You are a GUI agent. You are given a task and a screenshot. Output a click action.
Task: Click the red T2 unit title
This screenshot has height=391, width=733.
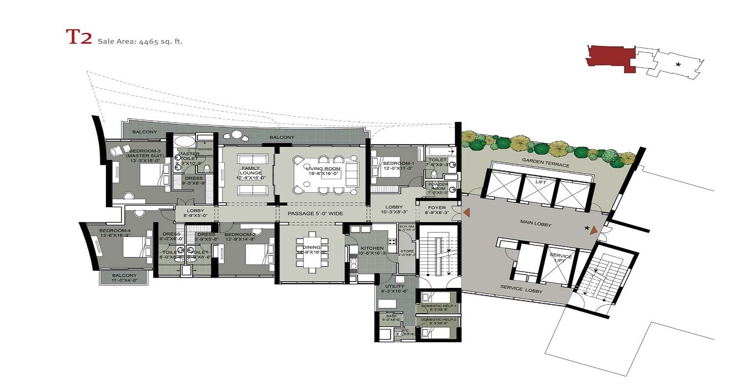click(x=79, y=38)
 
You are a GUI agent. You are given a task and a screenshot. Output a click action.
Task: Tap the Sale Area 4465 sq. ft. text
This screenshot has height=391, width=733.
click(x=140, y=41)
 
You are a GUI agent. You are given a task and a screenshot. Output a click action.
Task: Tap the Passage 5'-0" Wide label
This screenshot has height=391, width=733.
click(x=315, y=214)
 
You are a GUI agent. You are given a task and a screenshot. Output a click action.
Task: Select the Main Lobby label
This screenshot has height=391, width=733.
click(x=536, y=224)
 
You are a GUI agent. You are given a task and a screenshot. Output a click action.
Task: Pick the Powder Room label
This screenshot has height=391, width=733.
click(x=438, y=188)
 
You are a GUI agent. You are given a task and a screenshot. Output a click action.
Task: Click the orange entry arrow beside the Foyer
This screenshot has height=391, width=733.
click(x=467, y=212)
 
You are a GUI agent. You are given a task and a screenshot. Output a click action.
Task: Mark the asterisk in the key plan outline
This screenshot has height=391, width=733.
click(x=678, y=65)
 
